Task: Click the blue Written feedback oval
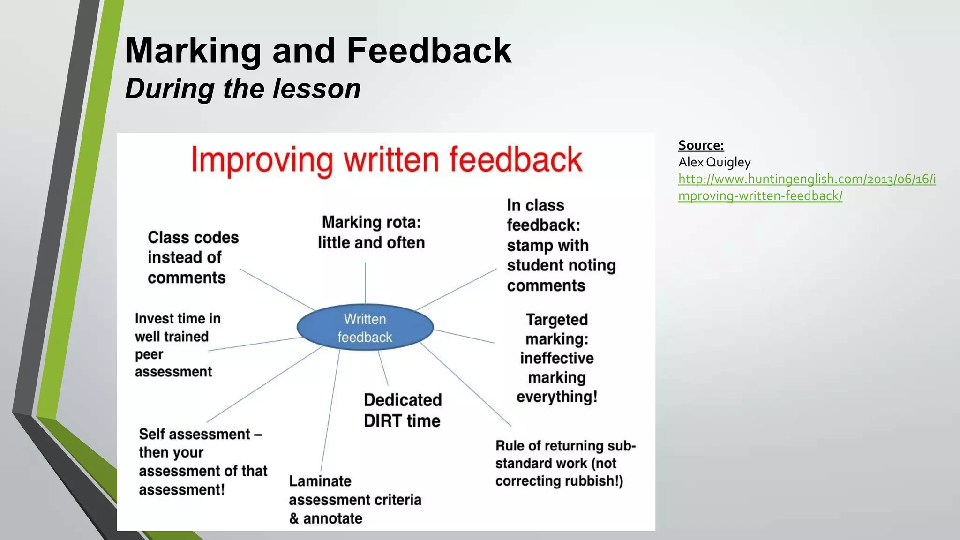point(365,328)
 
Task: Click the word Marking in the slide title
point(193,51)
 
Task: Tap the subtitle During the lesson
point(243,89)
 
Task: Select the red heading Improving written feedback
point(387,160)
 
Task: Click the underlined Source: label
point(701,145)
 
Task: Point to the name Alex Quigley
point(714,162)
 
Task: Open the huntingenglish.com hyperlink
point(806,187)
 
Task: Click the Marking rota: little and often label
point(371,232)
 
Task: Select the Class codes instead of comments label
point(193,257)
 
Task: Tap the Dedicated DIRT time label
point(403,410)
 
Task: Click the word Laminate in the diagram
point(320,481)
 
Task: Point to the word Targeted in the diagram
point(556,320)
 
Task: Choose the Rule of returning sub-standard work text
point(564,463)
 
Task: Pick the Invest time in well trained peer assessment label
point(177,345)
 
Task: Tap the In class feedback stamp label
point(561,245)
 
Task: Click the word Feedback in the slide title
point(428,51)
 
